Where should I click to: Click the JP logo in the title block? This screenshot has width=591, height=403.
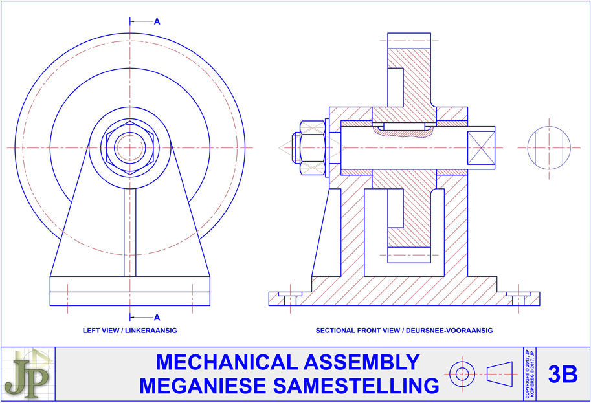click(28, 374)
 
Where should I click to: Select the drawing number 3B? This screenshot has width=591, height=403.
click(563, 375)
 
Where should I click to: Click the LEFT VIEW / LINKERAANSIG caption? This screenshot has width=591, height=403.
click(129, 331)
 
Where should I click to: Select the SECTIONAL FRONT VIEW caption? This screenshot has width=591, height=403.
click(404, 331)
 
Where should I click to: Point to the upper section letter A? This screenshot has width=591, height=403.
click(157, 21)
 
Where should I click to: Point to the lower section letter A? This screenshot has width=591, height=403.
click(157, 317)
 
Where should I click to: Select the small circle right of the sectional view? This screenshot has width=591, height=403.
click(549, 147)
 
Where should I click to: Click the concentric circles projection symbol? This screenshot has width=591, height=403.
click(462, 373)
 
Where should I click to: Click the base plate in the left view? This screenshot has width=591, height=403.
click(129, 291)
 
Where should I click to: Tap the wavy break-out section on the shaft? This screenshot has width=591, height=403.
click(401, 132)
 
